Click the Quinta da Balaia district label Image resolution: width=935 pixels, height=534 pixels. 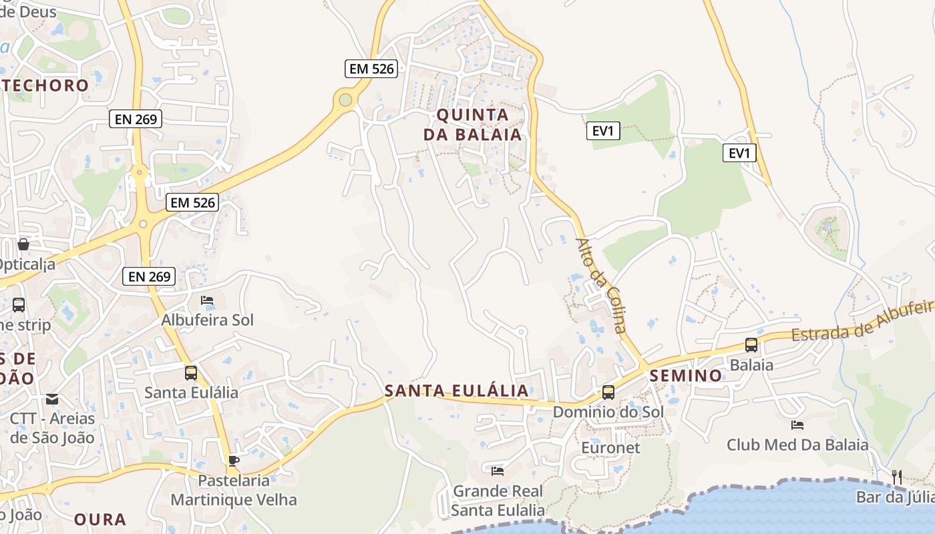point(472,124)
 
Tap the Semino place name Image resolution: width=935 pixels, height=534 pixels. point(686,376)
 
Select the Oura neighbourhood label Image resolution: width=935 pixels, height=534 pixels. point(100,519)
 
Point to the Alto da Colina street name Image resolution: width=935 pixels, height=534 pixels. point(601,285)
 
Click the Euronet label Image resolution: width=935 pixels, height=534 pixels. point(610,447)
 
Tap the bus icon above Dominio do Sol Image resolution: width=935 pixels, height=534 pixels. point(608,392)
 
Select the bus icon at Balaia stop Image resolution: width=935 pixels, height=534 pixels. point(751,345)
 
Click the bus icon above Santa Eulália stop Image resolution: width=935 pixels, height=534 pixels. point(191,372)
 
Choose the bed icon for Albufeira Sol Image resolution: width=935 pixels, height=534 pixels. point(207,300)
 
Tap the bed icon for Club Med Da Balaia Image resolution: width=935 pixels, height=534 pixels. point(797,425)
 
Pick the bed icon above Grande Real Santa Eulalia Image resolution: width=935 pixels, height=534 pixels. point(498,471)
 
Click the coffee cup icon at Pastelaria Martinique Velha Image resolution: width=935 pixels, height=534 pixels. point(233,461)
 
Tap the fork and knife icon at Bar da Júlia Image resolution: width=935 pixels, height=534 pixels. point(897,477)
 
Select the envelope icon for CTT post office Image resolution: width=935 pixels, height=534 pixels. point(52,399)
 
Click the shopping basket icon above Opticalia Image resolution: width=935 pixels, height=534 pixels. point(23,244)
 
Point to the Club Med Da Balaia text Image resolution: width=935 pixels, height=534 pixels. point(797,445)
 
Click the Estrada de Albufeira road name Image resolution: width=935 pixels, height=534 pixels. point(862,321)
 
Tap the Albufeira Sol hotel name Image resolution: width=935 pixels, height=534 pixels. point(208,320)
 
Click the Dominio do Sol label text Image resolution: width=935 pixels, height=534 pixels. point(608,412)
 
